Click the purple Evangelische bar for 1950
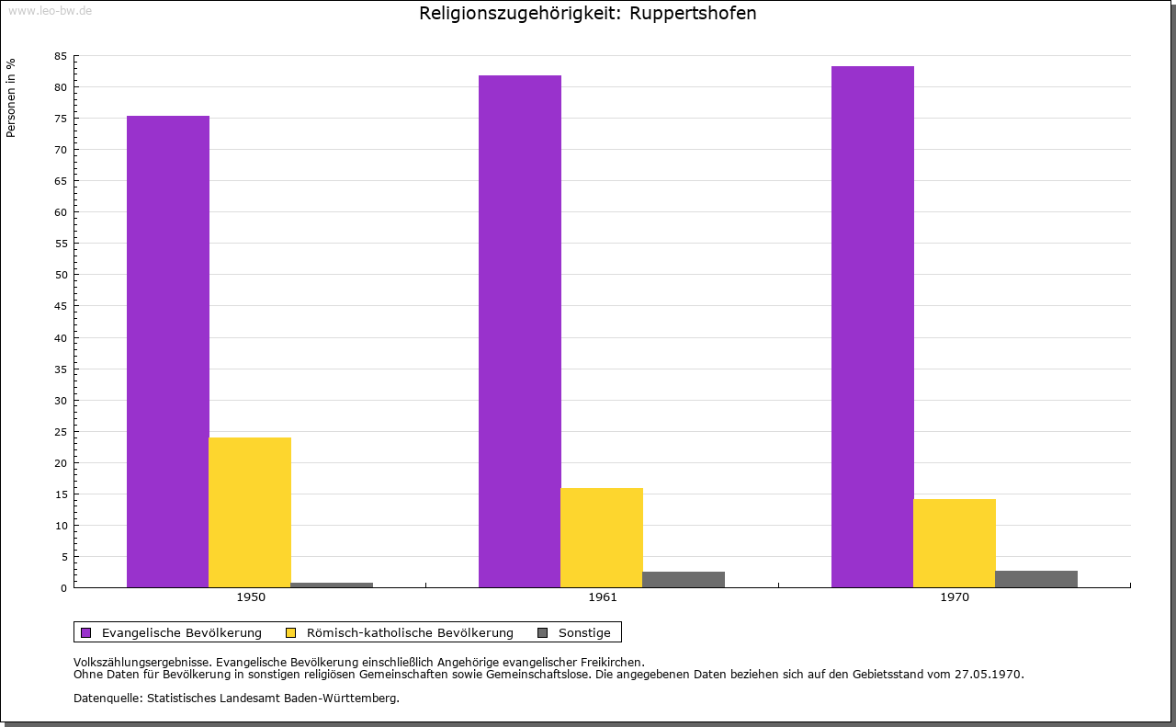coord(168,351)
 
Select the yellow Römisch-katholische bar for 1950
coord(250,512)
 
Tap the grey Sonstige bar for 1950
coord(332,585)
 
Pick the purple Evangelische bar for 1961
coord(520,331)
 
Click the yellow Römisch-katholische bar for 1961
coord(602,538)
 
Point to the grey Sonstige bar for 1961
coord(684,579)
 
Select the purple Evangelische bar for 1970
coord(873,326)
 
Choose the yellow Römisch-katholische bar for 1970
coord(955,543)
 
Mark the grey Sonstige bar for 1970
coord(1036,579)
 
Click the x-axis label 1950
coord(251,597)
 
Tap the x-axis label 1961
coord(603,597)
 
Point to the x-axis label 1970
coord(955,597)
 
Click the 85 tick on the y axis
coord(61,56)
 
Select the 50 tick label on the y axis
coord(61,275)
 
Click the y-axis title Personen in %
coord(11,97)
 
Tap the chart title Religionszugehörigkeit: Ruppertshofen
coord(588,14)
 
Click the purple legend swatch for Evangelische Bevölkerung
coord(86,632)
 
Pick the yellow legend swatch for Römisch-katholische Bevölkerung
coord(291,632)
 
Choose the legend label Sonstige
coord(584,632)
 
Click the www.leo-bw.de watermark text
coord(49,9)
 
